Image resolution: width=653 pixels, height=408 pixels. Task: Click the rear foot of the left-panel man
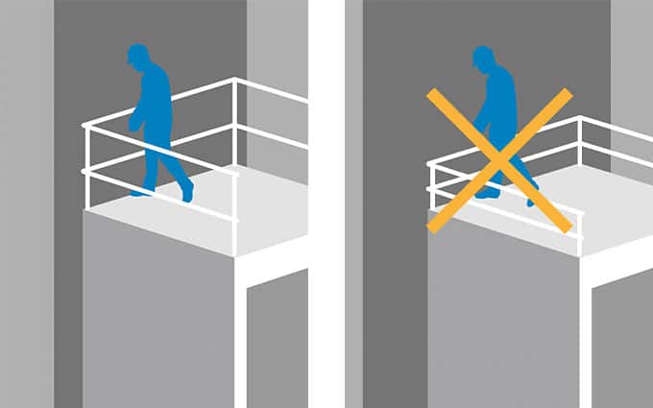point(141,191)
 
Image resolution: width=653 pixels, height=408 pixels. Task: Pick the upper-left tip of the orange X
point(430,94)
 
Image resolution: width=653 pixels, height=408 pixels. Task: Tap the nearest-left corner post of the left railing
point(86,168)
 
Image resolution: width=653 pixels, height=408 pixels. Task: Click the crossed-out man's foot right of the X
point(532,199)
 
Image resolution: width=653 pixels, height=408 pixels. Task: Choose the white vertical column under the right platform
point(586,346)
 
